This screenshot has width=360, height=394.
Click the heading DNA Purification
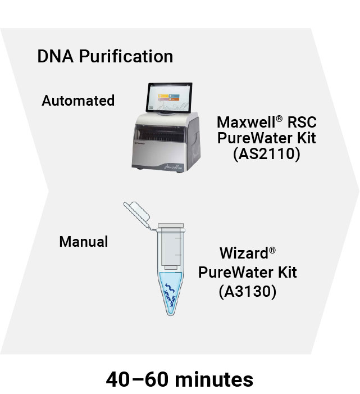tap(105, 57)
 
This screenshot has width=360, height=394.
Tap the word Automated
tap(78, 101)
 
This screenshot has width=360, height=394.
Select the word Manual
tap(84, 242)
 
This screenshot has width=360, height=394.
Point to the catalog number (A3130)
tap(248, 292)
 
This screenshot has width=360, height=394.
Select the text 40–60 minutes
tap(180, 379)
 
